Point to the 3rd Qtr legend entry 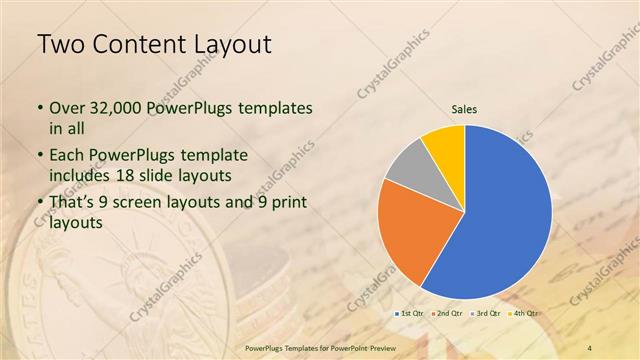click(487, 313)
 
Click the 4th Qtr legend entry click(524, 313)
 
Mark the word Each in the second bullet click(67, 156)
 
